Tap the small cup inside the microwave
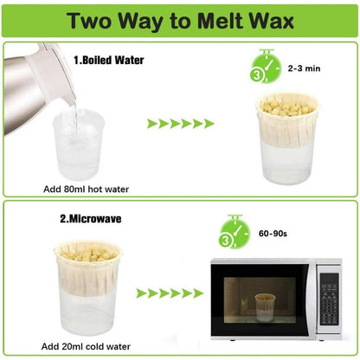point(263,304)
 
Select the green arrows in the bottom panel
point(169,293)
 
